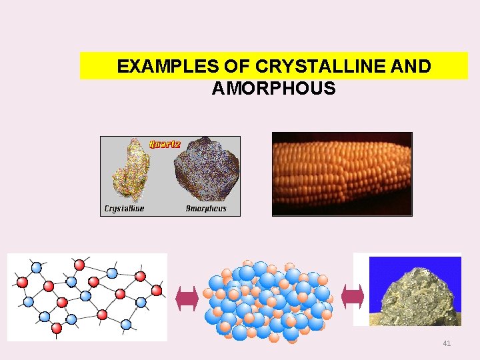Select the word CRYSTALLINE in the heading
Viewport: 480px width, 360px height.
(x=305, y=67)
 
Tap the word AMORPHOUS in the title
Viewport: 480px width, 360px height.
(x=273, y=88)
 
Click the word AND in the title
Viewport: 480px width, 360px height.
(x=409, y=67)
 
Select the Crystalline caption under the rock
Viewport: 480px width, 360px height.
(x=124, y=209)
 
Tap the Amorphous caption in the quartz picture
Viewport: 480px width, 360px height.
(x=206, y=209)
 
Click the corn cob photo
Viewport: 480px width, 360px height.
(x=342, y=175)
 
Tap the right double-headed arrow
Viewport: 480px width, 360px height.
(x=352, y=297)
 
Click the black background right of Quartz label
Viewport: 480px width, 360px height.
(x=213, y=142)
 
